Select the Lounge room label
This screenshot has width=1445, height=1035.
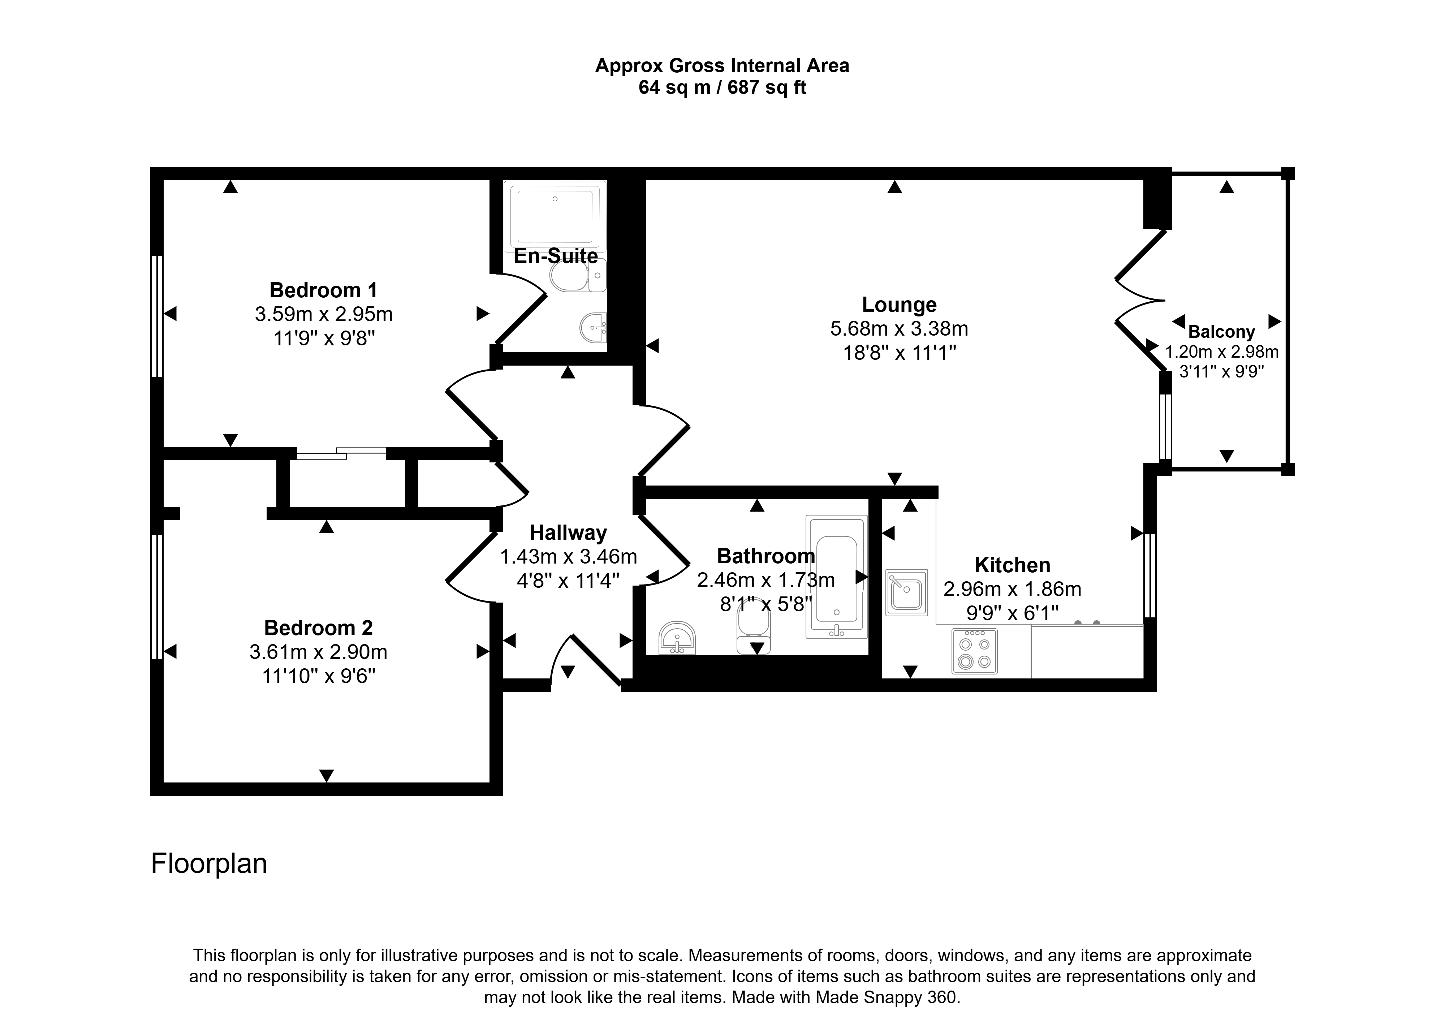tap(899, 305)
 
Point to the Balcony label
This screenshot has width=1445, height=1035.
tap(1221, 332)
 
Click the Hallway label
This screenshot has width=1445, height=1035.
tap(568, 533)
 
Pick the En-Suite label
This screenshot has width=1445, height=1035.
tap(556, 256)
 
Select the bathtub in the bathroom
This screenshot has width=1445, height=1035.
tap(837, 577)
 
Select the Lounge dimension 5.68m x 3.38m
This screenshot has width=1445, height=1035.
tap(899, 329)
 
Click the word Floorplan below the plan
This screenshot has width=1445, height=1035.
tap(209, 863)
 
